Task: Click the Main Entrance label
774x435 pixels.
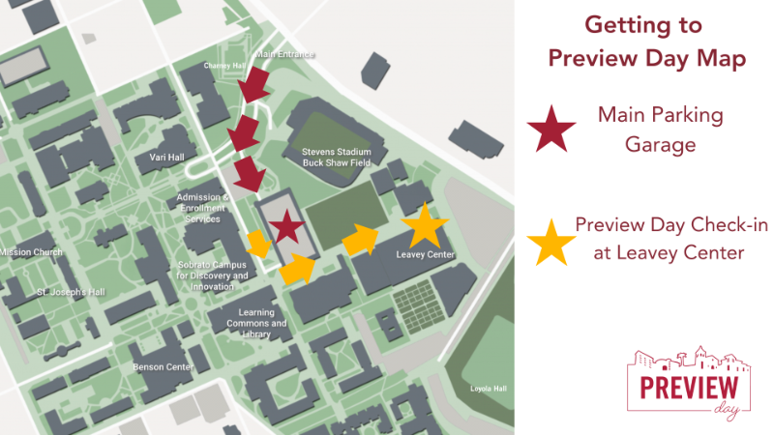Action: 285,55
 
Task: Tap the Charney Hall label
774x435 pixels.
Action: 221,66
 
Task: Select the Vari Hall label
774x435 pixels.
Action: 166,157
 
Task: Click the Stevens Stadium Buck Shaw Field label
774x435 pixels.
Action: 337,158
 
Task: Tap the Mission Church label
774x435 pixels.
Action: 31,252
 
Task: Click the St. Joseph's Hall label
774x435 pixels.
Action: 71,291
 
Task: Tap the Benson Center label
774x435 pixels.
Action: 164,367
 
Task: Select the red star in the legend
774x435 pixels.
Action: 551,128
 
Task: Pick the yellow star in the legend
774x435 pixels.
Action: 551,241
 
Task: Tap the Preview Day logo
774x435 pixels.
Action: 689,383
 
